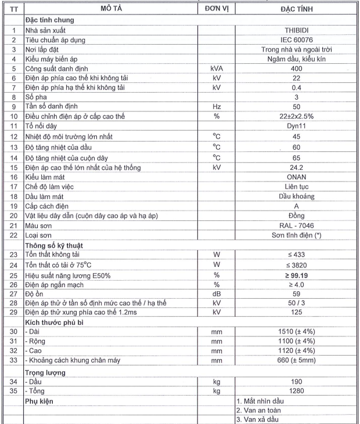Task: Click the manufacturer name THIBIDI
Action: pyautogui.click(x=296, y=28)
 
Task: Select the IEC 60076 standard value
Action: pyautogui.click(x=296, y=39)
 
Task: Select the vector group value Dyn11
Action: pyautogui.click(x=296, y=126)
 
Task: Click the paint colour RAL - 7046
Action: pyautogui.click(x=296, y=225)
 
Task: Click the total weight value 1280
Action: pyautogui.click(x=296, y=391)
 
